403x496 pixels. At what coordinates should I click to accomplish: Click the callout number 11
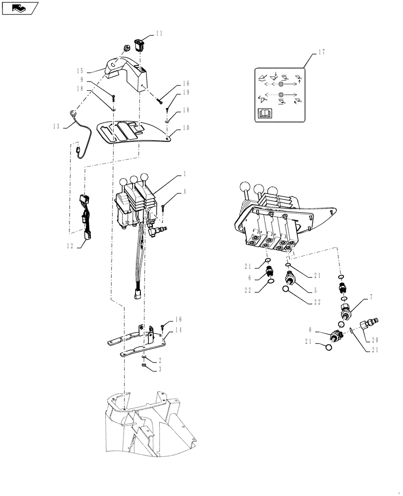159,34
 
